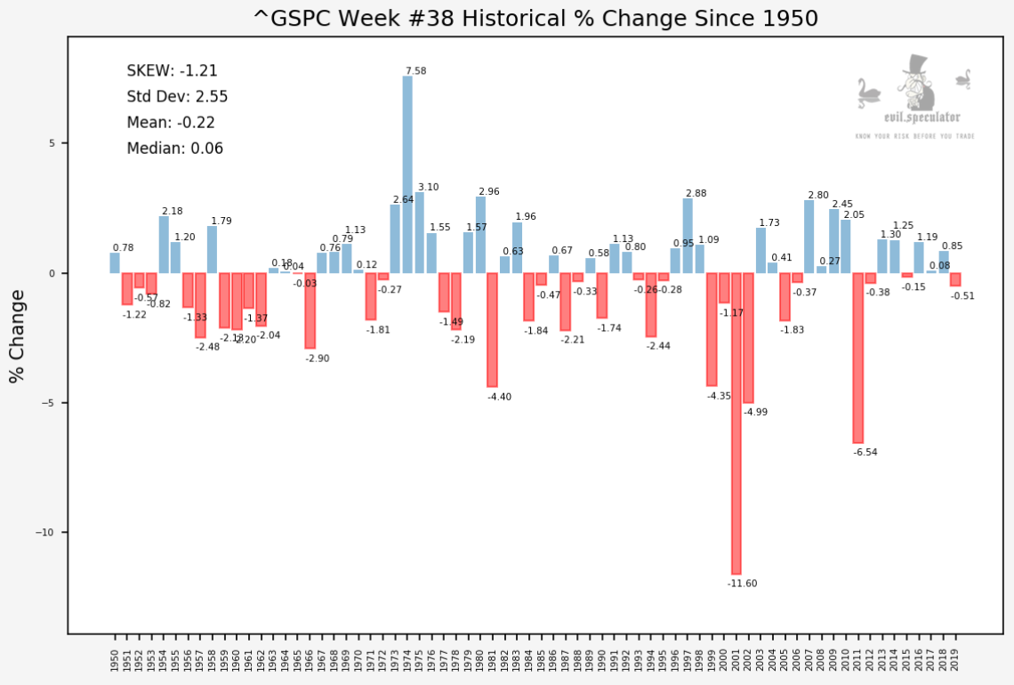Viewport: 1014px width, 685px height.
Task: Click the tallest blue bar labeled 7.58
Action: (407, 174)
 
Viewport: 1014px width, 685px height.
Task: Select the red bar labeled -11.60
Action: (736, 423)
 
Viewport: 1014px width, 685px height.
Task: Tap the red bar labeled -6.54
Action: (857, 358)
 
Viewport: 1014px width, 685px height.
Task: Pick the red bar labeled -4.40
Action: (492, 330)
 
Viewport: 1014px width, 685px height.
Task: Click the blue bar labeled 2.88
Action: (688, 236)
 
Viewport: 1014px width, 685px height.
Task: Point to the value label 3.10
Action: (428, 188)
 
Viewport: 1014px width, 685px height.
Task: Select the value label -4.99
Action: (755, 412)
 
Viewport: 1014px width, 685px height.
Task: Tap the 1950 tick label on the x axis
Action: (115, 658)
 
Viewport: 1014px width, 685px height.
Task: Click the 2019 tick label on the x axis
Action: (955, 658)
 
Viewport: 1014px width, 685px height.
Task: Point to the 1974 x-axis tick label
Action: (407, 658)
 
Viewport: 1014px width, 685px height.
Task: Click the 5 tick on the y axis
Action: (52, 144)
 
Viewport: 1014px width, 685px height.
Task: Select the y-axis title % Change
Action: (18, 336)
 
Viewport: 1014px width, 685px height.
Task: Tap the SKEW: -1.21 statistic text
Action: (173, 71)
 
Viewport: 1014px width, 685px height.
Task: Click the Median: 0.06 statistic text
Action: (175, 149)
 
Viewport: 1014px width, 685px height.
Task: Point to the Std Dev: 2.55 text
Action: (178, 97)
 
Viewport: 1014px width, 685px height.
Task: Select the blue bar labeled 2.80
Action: (809, 237)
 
